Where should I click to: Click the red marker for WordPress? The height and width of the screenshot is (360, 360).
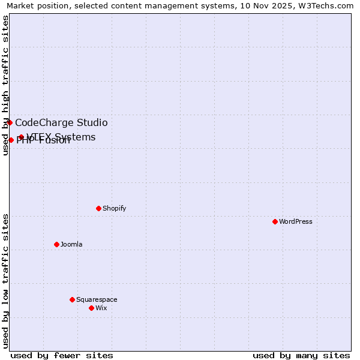pyautogui.click(x=275, y=221)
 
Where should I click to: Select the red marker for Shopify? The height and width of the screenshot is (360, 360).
pyautogui.click(x=98, y=208)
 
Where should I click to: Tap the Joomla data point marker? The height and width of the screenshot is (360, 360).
pyautogui.click(x=56, y=244)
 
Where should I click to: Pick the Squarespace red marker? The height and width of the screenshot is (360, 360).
pyautogui.click(x=72, y=299)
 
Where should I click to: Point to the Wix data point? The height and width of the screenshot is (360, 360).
pyautogui.click(x=91, y=308)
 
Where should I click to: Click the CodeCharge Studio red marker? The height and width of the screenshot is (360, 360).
pyautogui.click(x=10, y=122)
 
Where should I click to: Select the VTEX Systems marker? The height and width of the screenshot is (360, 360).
pyautogui.click(x=21, y=137)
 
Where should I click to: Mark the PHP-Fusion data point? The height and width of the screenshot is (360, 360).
pyautogui.click(x=11, y=140)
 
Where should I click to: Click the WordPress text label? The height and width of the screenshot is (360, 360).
pyautogui.click(x=296, y=221)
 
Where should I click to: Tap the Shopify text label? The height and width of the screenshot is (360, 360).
pyautogui.click(x=114, y=208)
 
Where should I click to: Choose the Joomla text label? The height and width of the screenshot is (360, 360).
pyautogui.click(x=71, y=244)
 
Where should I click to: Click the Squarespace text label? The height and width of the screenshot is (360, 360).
pyautogui.click(x=97, y=299)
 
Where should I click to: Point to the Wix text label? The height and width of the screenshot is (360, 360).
pyautogui.click(x=101, y=308)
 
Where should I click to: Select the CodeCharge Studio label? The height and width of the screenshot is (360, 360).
pyautogui.click(x=61, y=123)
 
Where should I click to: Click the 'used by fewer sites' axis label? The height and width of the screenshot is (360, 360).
pyautogui.click(x=62, y=355)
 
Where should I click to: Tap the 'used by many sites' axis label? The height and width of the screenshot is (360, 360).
pyautogui.click(x=301, y=355)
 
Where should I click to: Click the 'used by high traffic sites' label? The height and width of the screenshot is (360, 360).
pyautogui.click(x=6, y=85)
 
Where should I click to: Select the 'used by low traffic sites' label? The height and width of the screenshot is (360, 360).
pyautogui.click(x=6, y=281)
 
